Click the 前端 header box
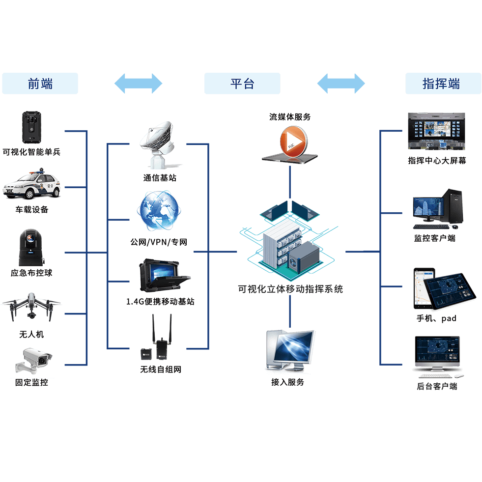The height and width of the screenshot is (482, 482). [40, 84]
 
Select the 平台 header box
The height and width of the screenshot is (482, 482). [242, 84]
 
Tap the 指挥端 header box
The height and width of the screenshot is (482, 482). [443, 84]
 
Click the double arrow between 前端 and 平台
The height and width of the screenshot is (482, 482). [139, 84]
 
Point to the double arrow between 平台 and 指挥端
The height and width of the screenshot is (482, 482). [341, 84]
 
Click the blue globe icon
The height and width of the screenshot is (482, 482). [158, 212]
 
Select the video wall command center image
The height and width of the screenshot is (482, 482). [436, 131]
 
